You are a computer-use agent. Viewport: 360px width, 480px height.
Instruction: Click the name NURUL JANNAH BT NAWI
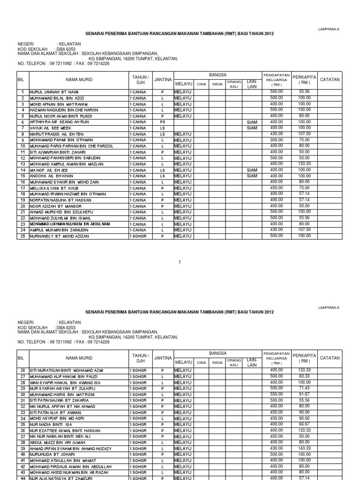coord(54,92)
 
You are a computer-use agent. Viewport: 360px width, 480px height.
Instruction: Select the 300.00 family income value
coord(276,140)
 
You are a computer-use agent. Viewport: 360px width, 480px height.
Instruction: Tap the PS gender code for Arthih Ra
coord(162,122)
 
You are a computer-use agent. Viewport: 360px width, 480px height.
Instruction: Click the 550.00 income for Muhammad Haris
coord(276,394)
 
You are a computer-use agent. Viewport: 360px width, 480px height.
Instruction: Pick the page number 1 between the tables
coord(180,262)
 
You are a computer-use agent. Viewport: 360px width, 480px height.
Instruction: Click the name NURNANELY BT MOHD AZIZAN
coord(60,236)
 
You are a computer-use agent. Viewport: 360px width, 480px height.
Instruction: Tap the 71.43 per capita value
coord(304,388)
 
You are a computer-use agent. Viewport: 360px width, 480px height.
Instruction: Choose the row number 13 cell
coord(22,164)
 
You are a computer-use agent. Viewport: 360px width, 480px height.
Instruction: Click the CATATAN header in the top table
coord(330,80)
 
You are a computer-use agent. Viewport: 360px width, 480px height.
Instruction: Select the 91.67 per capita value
coord(304,394)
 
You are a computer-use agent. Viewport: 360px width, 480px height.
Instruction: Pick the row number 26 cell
coord(22,370)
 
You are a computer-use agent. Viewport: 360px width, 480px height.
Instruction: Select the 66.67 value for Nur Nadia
coord(304,424)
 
